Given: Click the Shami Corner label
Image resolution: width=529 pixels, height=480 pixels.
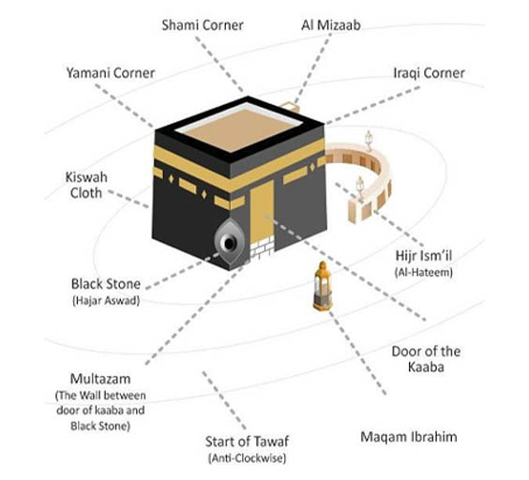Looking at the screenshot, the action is pos(203,25).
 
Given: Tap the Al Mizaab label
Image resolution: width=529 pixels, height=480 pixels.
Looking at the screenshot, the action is pos(331,25).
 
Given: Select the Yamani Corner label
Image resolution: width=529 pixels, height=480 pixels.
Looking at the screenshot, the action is pos(111,73).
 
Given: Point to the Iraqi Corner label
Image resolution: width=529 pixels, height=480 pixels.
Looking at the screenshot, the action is pos(430,73).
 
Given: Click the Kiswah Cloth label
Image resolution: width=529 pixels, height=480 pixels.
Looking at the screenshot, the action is pos(86,186).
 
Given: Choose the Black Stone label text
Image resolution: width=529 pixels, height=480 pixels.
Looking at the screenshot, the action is pos(106,284).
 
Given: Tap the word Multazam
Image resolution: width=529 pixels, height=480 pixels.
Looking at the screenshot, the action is pos(100,379).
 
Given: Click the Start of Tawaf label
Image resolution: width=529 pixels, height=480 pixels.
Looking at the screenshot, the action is pos(248,442).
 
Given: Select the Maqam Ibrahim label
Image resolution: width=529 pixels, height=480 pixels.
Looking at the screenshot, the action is pos(409,437).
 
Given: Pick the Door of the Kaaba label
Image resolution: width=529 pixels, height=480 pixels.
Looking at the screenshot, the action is pos(426,359).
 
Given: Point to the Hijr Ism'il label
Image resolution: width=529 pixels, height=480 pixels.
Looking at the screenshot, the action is pos(423,256).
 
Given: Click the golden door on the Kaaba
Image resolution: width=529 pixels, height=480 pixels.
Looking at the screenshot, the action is pos(262,211).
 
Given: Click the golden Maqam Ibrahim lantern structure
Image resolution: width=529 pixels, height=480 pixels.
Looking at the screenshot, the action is pos(323,286).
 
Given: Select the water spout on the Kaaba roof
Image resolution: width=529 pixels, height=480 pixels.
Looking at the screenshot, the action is pos(291,107).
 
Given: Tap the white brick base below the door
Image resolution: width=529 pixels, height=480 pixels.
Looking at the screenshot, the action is pos(262,247).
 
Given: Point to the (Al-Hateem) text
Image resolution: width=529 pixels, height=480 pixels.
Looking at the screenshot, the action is pos(423,273).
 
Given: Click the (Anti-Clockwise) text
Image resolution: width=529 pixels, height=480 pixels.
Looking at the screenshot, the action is pos(248,458).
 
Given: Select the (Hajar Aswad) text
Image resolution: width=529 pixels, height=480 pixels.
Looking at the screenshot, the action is pos(106,301).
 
